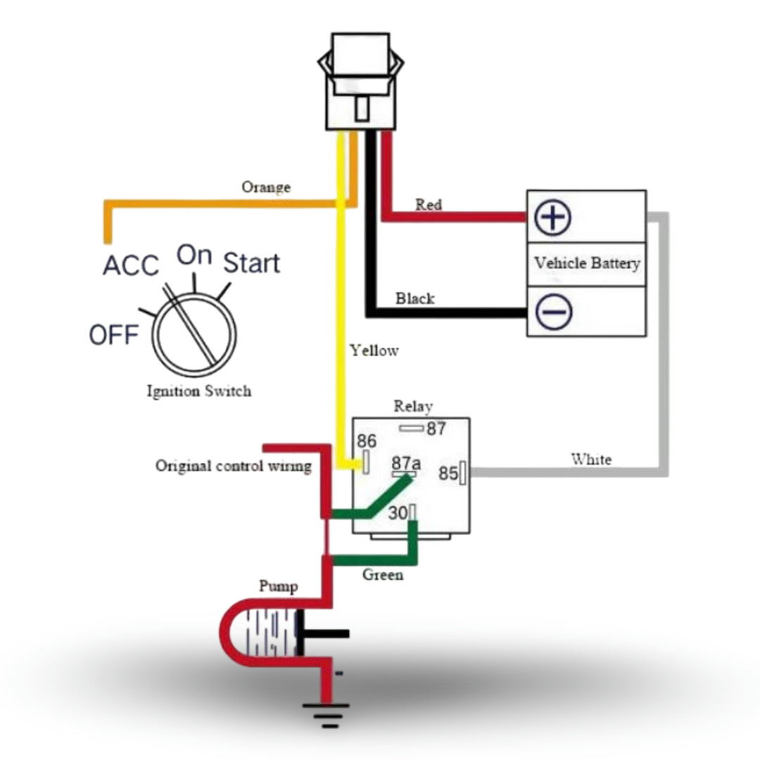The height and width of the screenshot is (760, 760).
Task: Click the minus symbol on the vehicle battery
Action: tap(553, 311)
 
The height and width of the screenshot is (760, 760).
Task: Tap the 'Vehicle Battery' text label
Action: tap(587, 263)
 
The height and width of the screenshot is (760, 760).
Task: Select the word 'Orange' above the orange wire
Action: tap(266, 187)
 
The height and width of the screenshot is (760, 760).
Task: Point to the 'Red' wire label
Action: tap(429, 205)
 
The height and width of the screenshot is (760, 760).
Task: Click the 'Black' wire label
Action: tap(414, 298)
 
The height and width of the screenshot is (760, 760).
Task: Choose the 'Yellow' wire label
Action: tap(374, 350)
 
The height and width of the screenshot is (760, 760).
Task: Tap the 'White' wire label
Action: tap(591, 460)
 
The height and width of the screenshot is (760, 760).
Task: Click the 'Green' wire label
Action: tap(383, 575)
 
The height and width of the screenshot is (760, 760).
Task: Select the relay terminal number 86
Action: tap(367, 441)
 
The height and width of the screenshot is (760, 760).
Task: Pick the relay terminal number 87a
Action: tap(406, 463)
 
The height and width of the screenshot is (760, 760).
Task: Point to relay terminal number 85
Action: tap(448, 474)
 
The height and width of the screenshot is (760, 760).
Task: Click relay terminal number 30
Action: tap(398, 514)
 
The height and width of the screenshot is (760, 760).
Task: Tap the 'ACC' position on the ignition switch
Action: tap(131, 265)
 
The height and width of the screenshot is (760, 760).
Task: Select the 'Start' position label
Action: tap(251, 263)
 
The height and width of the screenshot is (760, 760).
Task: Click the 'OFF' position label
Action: tap(113, 336)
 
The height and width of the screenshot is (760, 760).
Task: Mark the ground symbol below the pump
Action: tap(325, 714)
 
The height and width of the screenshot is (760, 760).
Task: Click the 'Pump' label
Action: tap(278, 586)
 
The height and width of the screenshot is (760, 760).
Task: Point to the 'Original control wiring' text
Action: tap(233, 466)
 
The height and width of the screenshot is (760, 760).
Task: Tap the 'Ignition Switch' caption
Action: tap(198, 391)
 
